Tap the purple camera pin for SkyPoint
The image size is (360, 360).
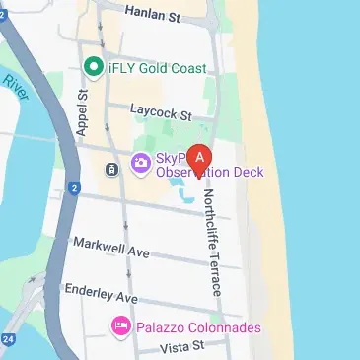140,163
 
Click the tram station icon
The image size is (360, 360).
112,170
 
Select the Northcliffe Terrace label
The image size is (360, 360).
213,243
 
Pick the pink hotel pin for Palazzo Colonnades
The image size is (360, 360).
121,325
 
